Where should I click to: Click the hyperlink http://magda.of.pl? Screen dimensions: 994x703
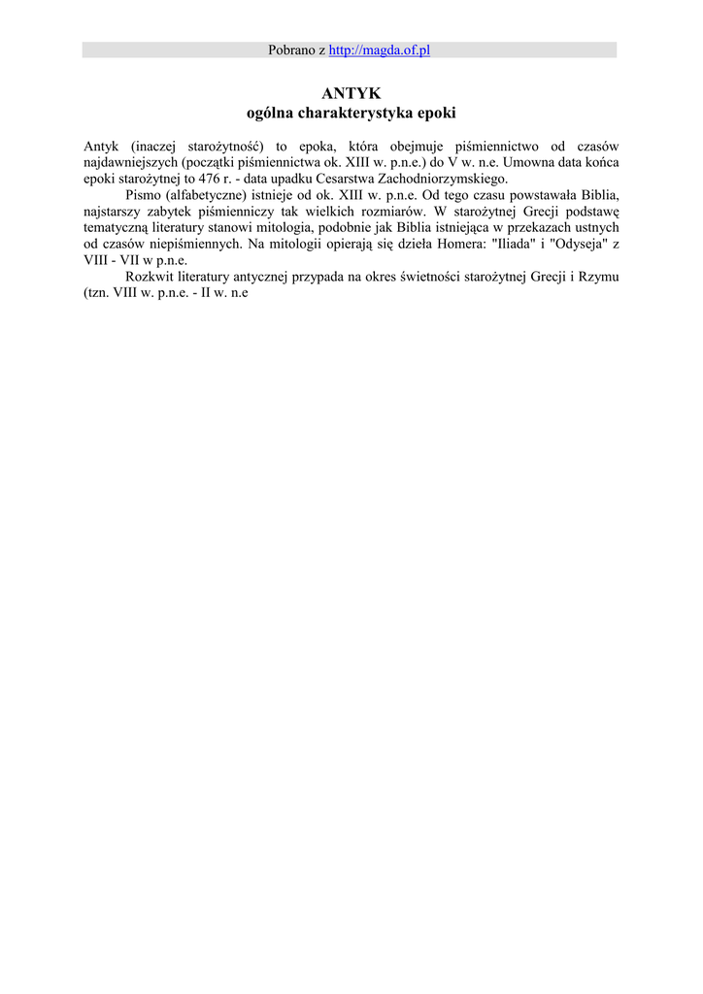point(379,50)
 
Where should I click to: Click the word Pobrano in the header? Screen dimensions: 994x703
point(293,50)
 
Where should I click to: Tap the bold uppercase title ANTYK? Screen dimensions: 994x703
point(351,94)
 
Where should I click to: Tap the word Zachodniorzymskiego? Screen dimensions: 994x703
point(445,180)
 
